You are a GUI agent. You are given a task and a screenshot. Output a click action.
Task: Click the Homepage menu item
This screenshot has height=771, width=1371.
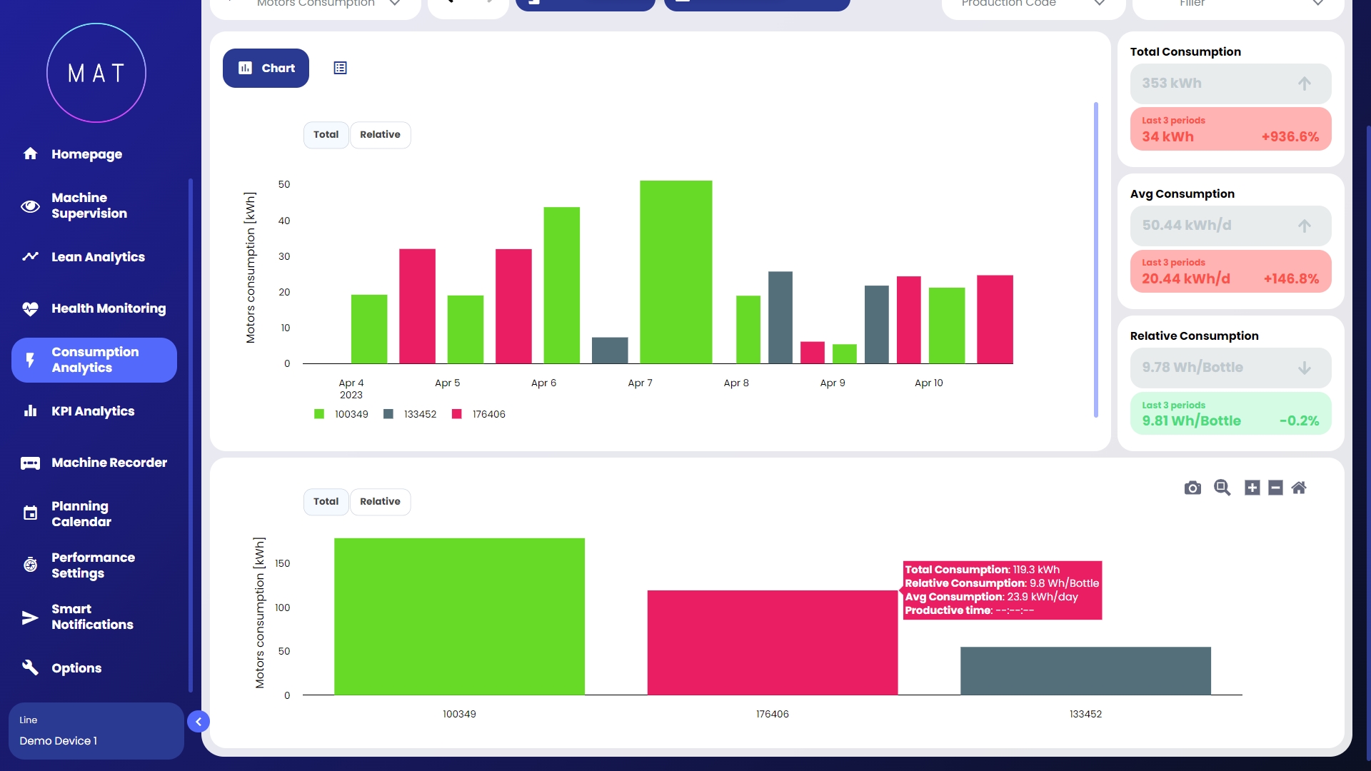coord(86,154)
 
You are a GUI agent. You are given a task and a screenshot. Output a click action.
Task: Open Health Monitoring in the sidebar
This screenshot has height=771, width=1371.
coord(107,308)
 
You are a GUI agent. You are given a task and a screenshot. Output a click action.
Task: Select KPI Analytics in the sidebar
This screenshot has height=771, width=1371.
coord(92,411)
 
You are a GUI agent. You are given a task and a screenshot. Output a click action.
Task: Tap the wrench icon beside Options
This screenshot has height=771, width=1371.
coord(30,667)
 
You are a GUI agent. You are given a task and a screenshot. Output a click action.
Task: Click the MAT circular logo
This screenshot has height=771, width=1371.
coord(96,73)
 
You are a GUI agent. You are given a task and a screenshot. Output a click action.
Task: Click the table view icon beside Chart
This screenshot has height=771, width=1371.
coord(340,68)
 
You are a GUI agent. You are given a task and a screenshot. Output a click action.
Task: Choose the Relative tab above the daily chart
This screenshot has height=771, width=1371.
coord(380,135)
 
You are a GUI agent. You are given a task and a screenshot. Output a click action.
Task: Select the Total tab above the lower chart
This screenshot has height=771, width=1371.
coord(326,502)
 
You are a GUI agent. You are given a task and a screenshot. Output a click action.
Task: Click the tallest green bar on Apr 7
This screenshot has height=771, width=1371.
coord(676,271)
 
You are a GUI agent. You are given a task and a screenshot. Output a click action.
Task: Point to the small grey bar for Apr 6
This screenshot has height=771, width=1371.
coord(610,351)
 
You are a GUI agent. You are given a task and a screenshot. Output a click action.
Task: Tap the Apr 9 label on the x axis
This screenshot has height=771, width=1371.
coord(833,383)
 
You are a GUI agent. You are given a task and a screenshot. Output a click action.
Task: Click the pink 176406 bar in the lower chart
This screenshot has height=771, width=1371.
coord(772,642)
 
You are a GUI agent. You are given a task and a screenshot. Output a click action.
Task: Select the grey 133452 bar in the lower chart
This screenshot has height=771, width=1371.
coord(1085,671)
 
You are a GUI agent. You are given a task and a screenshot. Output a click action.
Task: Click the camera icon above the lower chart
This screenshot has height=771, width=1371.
coord(1192,488)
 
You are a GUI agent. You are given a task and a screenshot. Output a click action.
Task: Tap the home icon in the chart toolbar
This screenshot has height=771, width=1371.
coord(1299,488)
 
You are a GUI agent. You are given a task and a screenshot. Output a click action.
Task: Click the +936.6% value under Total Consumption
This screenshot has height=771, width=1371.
coord(1290,137)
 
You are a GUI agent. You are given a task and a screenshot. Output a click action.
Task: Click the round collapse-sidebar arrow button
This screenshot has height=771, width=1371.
coord(199,722)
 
